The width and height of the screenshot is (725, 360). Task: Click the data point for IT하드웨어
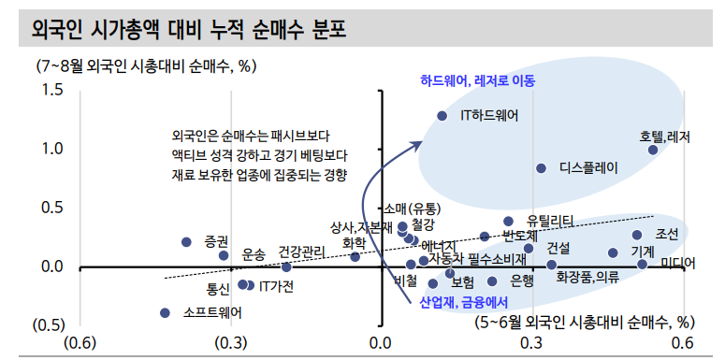pos(442,116)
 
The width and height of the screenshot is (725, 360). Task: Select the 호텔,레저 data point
pos(653,150)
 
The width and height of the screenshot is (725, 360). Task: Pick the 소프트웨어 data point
pos(166,313)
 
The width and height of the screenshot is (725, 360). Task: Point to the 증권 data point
pos(186,242)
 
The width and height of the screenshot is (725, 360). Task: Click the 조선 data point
pos(637,235)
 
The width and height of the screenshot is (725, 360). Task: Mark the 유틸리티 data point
pos(509,222)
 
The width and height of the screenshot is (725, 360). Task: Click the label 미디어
pos(678,264)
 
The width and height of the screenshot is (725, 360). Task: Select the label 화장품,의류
pos(587,278)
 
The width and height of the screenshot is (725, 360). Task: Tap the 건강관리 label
pos(302,251)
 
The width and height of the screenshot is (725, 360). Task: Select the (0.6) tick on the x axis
pos(80,342)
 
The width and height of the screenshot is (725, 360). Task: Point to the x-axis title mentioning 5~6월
pos(587,323)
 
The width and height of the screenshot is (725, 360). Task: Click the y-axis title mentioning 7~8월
pos(146,66)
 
